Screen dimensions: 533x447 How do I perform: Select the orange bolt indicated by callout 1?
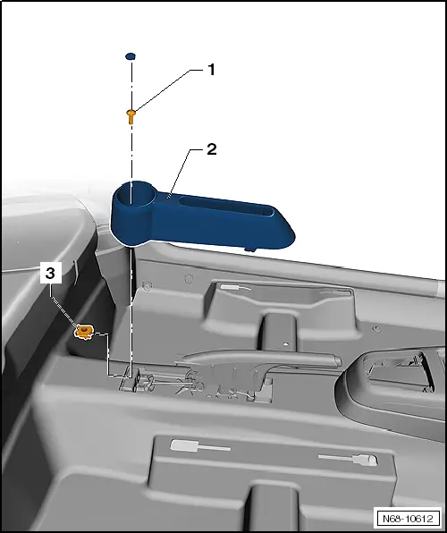coord(131,114)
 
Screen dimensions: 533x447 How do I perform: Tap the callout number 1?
coord(212,69)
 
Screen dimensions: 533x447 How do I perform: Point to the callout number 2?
coord(212,149)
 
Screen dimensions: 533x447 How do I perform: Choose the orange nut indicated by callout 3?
coord(83,332)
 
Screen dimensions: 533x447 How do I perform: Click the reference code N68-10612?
coord(408,518)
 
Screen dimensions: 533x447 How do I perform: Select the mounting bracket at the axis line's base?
coord(131,379)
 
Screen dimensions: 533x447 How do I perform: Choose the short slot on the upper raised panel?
coord(234,288)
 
